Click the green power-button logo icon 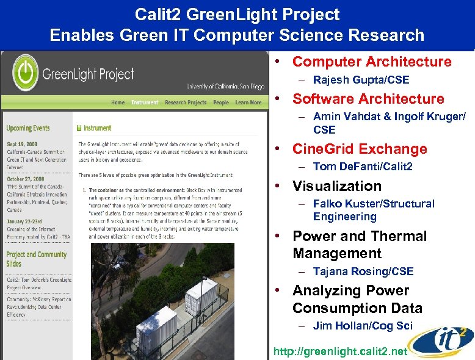[25, 74]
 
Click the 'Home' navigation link [118, 103]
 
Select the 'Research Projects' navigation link [186, 103]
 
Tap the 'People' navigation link [221, 103]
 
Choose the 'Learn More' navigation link [248, 103]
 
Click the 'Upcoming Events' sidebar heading [28, 128]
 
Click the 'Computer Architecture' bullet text [372, 62]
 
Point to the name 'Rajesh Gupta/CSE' [361, 80]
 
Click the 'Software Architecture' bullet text [368, 99]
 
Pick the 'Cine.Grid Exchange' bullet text [360, 149]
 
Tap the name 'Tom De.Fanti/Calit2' [363, 167]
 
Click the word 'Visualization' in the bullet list [337, 186]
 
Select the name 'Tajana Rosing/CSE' [363, 272]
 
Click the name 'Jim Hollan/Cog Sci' [363, 326]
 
